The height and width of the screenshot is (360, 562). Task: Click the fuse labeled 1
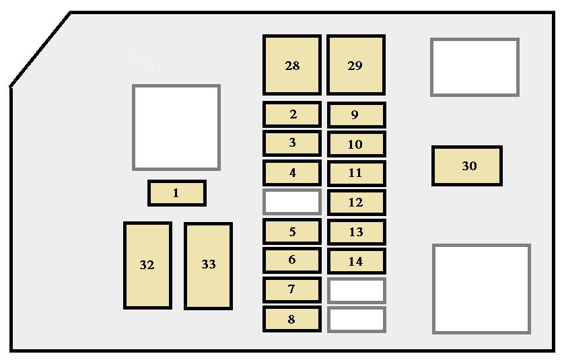point(177,193)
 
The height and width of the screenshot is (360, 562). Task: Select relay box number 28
point(291,65)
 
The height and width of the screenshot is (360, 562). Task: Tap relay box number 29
point(356,65)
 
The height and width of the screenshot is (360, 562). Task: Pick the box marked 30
point(466,166)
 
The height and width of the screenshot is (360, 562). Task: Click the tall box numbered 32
point(147,265)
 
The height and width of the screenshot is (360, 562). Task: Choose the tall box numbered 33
point(208,266)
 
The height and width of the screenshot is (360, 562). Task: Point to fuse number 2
point(291,114)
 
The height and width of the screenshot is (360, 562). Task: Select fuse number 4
point(291,173)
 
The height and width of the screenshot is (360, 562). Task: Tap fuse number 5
point(291,231)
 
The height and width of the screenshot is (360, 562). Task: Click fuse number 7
point(291,289)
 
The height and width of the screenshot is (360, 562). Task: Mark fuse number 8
point(291,319)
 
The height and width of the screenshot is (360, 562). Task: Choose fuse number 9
point(356,115)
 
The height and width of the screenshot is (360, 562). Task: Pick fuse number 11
point(356,174)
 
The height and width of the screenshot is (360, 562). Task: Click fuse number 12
point(356,203)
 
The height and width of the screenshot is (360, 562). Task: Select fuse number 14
point(356,261)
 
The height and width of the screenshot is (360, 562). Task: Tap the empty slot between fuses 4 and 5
point(291,202)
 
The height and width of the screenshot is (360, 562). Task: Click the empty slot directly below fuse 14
point(356,291)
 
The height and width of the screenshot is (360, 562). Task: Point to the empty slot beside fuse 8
point(356,320)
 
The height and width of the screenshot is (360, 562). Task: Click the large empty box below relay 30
point(481,289)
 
